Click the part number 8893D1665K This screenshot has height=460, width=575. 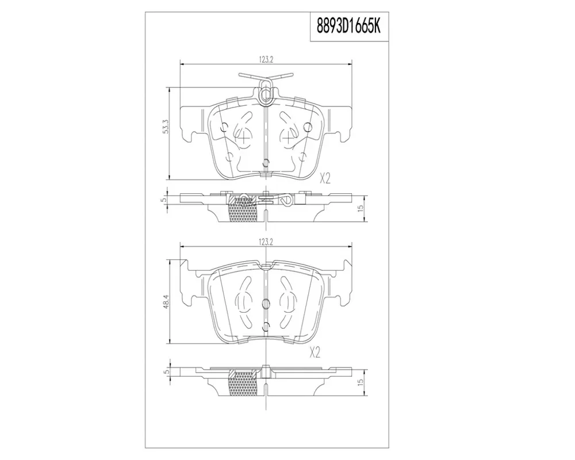349,26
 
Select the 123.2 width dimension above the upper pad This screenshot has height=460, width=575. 266,60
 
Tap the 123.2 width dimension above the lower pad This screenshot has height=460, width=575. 266,242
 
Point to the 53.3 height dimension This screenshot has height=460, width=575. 166,126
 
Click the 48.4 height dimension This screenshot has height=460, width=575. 166,302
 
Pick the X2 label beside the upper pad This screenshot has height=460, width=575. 325,179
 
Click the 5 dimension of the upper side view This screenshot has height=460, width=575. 164,200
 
